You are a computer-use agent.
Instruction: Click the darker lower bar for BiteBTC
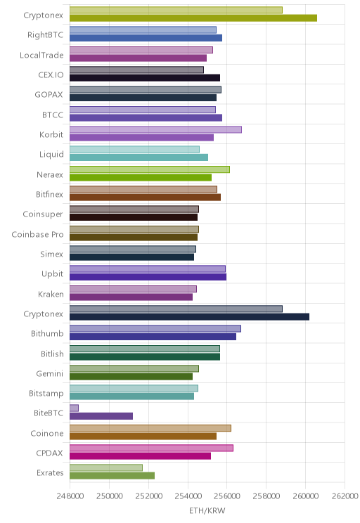[101, 416]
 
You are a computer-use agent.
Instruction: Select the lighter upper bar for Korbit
[155, 129]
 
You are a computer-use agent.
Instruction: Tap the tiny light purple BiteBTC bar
[74, 408]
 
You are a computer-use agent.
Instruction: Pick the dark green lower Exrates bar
[112, 476]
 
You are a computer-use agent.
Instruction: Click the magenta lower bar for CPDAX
[140, 456]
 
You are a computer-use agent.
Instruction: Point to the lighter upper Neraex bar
[150, 169]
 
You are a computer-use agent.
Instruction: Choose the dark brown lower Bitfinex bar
[145, 197]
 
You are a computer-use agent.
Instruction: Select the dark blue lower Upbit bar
[148, 277]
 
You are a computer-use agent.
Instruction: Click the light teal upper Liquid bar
[134, 150]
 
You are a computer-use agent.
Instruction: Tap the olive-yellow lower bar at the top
[193, 18]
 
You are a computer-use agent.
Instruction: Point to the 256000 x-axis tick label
[226, 496]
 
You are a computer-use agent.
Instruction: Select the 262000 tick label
[345, 496]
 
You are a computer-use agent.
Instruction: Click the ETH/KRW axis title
[207, 510]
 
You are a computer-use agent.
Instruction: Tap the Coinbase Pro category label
[37, 235]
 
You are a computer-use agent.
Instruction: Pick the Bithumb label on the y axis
[47, 333]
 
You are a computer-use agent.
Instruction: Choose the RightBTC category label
[46, 35]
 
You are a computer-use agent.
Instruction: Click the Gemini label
[50, 373]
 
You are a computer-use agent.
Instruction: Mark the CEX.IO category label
[51, 75]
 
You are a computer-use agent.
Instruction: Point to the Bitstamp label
[46, 393]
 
